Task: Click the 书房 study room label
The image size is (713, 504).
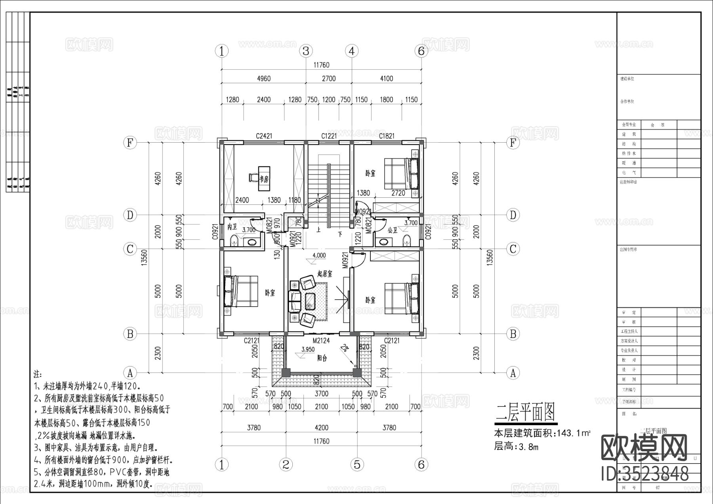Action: tap(264, 179)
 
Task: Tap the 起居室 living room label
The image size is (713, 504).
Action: tap(324, 273)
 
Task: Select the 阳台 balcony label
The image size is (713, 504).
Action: tap(322, 358)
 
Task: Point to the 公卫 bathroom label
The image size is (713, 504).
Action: tap(392, 229)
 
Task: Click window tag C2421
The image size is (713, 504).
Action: tap(264, 136)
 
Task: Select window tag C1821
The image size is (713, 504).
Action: tap(387, 136)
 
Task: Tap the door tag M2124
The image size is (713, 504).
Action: tap(321, 340)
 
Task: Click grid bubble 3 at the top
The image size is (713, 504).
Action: tap(306, 51)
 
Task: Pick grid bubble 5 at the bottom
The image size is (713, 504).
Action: tap(357, 464)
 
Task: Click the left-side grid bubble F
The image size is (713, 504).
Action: tap(130, 142)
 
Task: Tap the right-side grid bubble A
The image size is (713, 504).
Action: tap(513, 373)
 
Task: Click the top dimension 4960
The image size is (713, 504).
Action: tap(264, 78)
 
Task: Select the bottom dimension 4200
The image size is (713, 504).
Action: tap(321, 428)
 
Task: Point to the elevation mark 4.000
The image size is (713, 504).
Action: tap(319, 255)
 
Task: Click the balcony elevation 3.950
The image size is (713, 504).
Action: tap(308, 349)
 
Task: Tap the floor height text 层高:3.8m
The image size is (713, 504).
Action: tap(516, 447)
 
